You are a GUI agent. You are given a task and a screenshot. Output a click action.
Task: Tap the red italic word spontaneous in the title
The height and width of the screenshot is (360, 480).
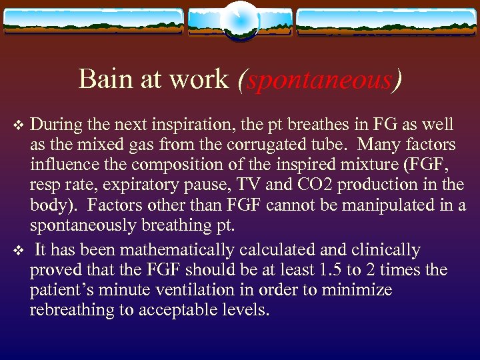[319, 80]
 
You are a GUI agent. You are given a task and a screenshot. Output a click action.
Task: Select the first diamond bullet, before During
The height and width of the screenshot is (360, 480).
[19, 125]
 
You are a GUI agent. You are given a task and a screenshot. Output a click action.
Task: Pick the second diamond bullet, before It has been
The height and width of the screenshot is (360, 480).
[19, 251]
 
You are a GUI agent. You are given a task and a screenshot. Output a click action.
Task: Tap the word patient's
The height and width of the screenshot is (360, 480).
[59, 290]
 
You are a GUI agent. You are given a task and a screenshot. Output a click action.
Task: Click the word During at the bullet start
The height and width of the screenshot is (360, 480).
[55, 125]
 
